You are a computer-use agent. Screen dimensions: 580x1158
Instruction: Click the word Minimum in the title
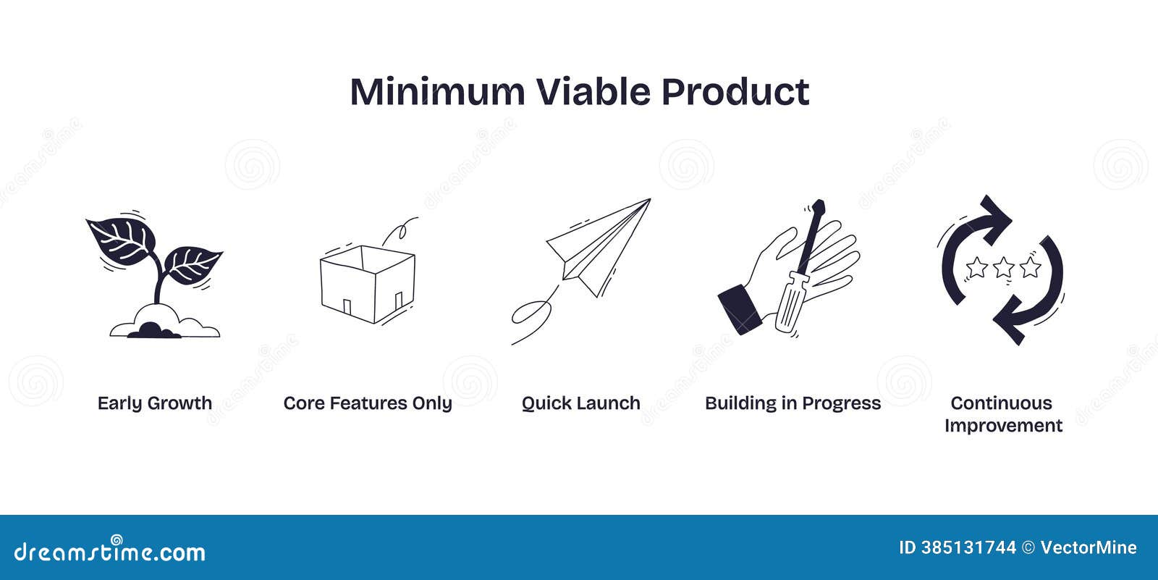coord(437,92)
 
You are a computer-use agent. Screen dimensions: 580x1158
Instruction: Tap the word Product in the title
coord(735,92)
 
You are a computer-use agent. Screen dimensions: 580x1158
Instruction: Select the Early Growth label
coord(155,403)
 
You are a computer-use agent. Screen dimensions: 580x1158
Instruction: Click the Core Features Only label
coord(368,403)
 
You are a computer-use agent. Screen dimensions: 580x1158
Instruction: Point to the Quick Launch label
coord(580,403)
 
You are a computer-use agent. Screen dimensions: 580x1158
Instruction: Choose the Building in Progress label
coord(793,403)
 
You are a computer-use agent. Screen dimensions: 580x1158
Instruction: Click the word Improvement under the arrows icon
coord(1003,426)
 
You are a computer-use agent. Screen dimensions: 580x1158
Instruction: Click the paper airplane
coord(601,246)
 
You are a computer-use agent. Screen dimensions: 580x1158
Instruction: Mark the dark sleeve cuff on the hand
coord(738,308)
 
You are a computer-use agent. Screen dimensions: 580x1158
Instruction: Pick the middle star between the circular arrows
coord(1003,268)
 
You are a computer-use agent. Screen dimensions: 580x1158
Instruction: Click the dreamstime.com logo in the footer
coord(109,552)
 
